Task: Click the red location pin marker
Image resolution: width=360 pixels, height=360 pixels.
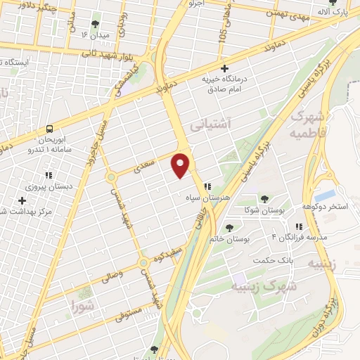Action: pos(181,165)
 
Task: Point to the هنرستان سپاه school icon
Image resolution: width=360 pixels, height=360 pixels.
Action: pos(207,187)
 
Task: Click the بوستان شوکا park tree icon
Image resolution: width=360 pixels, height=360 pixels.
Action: pos(264,200)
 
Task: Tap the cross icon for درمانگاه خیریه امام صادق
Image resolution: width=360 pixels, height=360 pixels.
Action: pos(224,69)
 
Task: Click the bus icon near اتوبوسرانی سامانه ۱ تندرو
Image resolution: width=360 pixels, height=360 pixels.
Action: pos(49,129)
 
